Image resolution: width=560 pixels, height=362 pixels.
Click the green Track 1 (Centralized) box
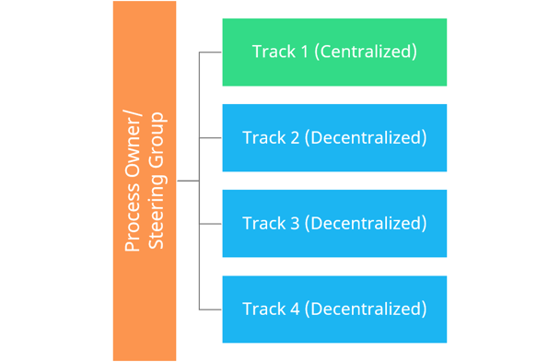[334, 52]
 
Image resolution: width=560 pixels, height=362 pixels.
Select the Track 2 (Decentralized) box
[334, 137]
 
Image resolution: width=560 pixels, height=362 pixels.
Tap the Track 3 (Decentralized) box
[334, 223]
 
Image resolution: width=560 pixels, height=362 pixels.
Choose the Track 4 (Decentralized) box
[334, 308]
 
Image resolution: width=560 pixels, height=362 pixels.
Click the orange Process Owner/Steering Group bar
[145, 181]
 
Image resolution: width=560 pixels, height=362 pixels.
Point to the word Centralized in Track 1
[366, 52]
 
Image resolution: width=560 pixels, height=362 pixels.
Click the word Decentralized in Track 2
[366, 137]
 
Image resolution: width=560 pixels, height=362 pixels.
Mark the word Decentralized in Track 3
[366, 223]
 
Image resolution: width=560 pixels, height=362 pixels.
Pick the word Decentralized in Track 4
[366, 308]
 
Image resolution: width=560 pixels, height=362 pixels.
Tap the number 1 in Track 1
[304, 52]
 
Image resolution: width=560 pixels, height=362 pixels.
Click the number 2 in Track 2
[294, 137]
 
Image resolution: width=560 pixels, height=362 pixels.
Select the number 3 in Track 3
[294, 223]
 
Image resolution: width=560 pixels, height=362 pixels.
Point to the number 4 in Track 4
[294, 308]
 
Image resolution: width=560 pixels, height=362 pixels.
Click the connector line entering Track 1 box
[210, 53]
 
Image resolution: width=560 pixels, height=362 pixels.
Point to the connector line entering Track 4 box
[210, 309]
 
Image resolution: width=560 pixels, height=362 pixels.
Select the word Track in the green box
[274, 52]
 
